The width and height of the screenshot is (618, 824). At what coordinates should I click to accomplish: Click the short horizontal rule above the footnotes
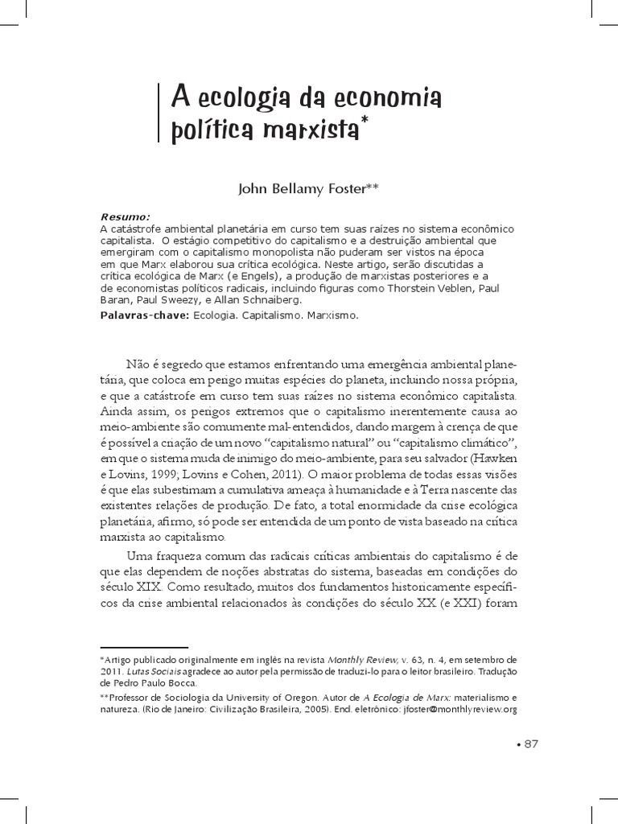(x=143, y=646)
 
